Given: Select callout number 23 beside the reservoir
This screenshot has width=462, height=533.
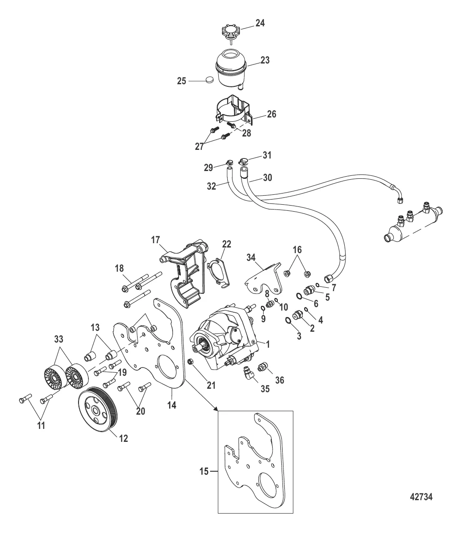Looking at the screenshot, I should [264, 61].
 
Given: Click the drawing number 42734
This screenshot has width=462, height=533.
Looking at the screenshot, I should [421, 497].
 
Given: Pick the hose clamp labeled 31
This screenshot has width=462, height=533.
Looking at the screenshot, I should [245, 163].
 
